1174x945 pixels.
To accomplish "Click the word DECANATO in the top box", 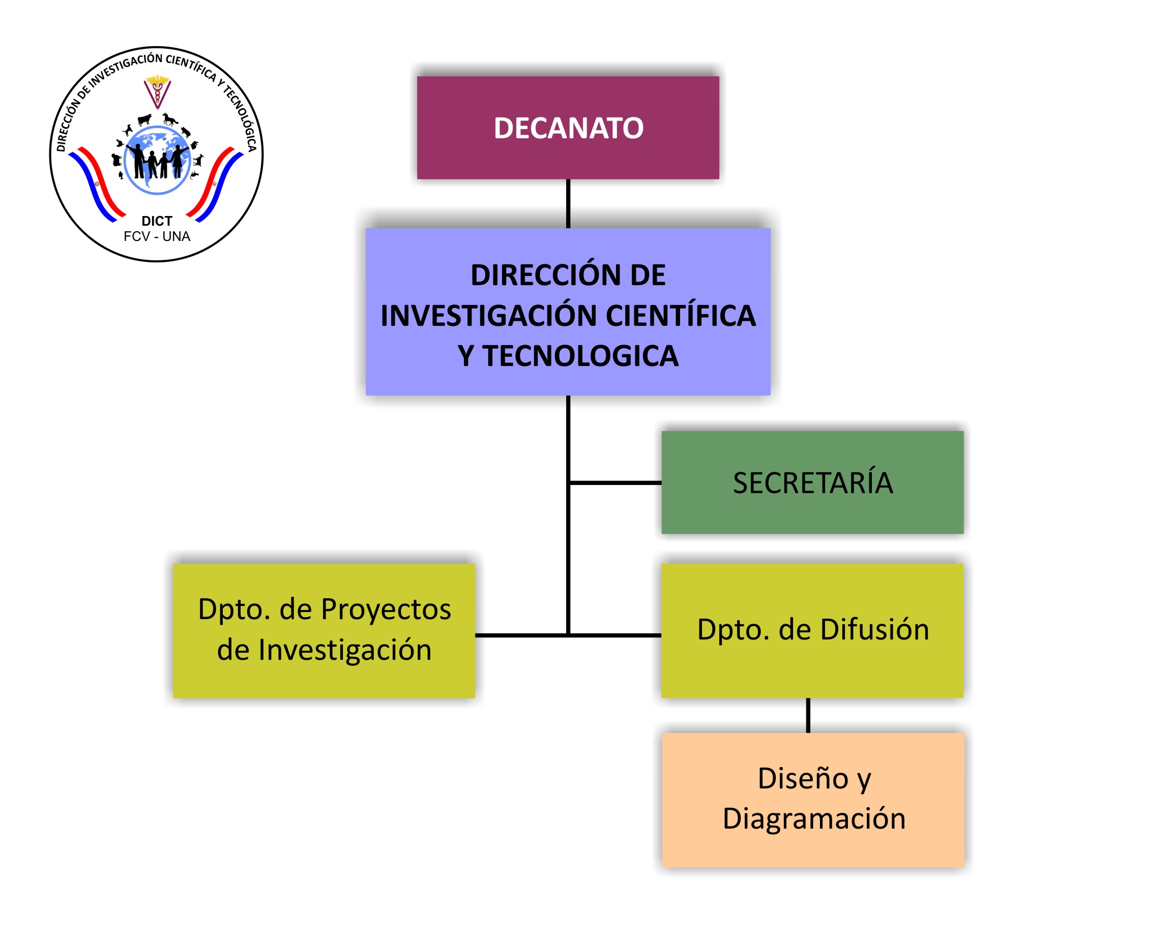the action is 568,129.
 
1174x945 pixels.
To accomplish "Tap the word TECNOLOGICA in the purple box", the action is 581,356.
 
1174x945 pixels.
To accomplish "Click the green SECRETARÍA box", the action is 812,482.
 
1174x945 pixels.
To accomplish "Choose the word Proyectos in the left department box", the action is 386,609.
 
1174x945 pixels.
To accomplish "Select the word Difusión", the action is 874,629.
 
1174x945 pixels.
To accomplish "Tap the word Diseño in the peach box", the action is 803,778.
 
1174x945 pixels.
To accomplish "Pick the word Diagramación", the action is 814,819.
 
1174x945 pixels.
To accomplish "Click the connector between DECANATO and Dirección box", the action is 568,203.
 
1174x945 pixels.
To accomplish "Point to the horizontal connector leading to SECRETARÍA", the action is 615,483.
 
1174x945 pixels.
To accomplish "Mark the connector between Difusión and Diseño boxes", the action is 808,715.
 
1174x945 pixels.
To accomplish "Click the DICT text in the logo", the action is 157,221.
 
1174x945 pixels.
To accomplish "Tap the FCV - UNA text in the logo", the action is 157,236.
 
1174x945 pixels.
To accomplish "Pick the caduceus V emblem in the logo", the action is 158,92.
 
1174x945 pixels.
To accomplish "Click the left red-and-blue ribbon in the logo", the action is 98,184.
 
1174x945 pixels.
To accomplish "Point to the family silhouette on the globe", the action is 158,162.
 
